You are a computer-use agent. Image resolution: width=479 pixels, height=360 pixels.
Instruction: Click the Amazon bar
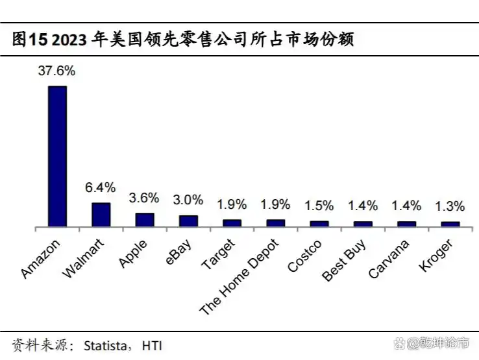(x=57, y=156)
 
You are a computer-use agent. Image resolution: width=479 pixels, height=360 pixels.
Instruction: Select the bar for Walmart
(x=101, y=215)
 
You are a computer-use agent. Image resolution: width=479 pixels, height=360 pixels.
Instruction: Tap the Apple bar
(x=144, y=220)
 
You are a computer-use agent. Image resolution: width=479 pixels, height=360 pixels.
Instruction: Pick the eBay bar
(x=188, y=221)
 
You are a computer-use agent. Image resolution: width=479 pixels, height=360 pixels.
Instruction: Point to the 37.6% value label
(x=57, y=71)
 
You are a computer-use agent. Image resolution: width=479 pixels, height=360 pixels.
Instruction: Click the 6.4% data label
(x=101, y=187)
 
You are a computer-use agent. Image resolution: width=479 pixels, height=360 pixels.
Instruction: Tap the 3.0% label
(x=188, y=200)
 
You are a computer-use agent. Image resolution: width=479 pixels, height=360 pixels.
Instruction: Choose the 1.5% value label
(x=319, y=206)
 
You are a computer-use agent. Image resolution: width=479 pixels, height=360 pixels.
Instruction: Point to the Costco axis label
(x=304, y=256)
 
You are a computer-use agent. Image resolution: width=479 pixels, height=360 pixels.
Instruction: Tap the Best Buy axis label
(x=345, y=259)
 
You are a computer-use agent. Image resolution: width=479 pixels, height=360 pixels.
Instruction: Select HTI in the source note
(x=151, y=345)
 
